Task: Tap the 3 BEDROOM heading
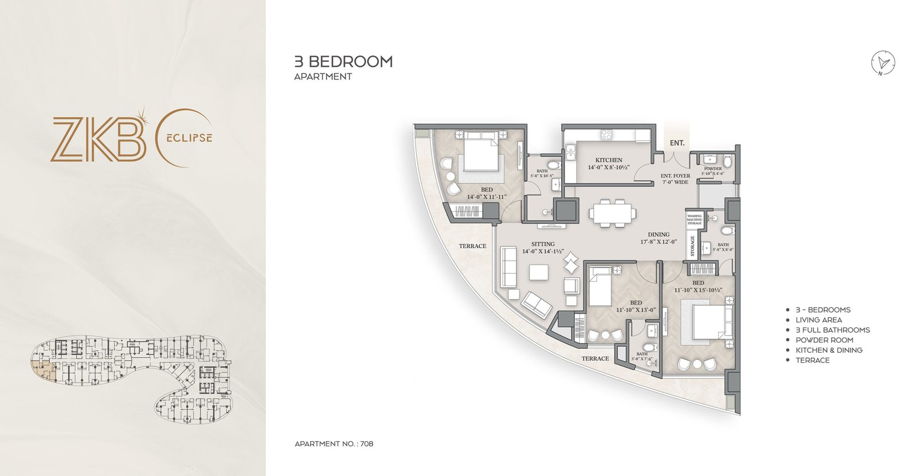(343, 62)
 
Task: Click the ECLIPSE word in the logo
(190, 138)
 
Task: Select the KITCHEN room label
(608, 160)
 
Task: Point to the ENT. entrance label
(677, 143)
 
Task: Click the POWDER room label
(713, 169)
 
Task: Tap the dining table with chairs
(612, 213)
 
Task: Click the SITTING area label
(543, 244)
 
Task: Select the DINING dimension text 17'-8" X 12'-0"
(659, 242)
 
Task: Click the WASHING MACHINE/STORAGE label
(694, 219)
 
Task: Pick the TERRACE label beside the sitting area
(472, 246)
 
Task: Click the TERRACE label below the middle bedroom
(595, 359)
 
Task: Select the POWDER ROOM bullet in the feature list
(824, 340)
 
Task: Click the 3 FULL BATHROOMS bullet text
(832, 330)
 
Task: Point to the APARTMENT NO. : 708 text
(334, 444)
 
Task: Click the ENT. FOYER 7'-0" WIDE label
(675, 179)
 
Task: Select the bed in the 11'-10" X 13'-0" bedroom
(601, 286)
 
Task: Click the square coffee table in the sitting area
(539, 272)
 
